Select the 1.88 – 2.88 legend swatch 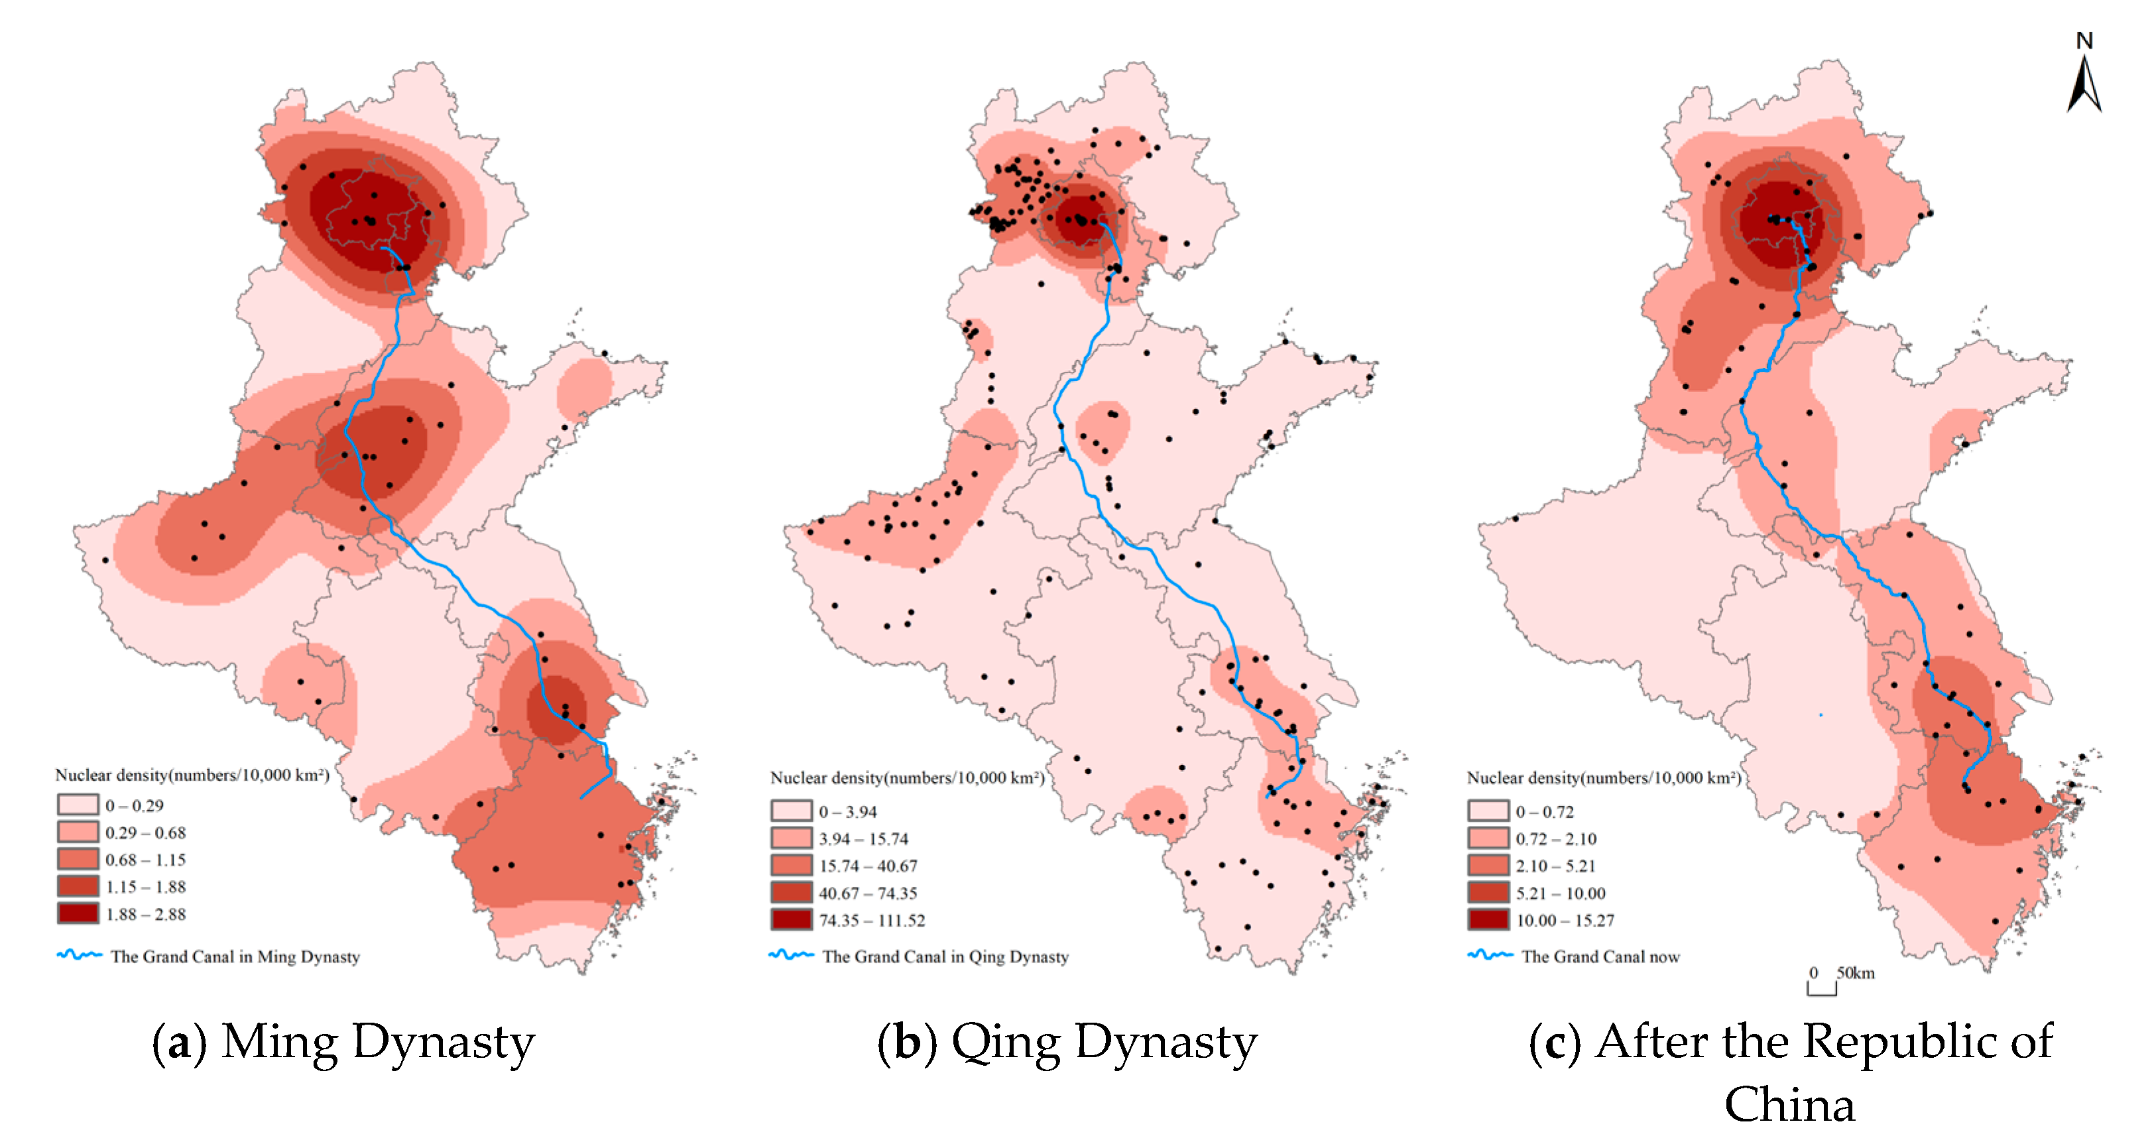pos(78,913)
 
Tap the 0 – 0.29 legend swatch pos(78,805)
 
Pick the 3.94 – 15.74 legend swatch pos(790,838)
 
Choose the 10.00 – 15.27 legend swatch pos(1488,920)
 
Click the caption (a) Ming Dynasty pos(343,1043)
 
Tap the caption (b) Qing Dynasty pos(1067,1043)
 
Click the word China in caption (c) pos(1789,1105)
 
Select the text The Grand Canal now pos(1600,956)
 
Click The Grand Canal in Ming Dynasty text pos(235,956)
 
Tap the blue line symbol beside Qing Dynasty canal pos(790,954)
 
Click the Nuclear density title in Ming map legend pos(192,774)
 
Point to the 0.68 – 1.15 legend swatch pos(78,859)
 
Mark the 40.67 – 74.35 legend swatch pos(790,892)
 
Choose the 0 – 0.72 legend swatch pos(1488,811)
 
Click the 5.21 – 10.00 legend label pos(1560,893)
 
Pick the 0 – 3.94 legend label pos(847,811)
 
